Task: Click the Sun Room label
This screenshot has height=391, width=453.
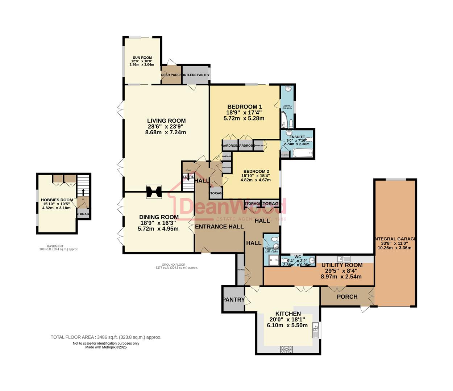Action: [142, 58]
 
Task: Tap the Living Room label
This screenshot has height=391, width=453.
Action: [166, 121]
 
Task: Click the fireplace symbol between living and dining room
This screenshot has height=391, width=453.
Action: [154, 192]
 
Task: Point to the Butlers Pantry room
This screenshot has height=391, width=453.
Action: [196, 75]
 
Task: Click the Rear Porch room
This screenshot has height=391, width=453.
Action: [171, 75]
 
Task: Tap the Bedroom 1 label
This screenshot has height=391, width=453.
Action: [244, 107]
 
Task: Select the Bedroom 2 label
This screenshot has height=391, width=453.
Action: [256, 172]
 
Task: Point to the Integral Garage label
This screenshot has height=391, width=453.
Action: [395, 239]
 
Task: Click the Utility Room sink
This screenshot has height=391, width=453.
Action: [343, 259]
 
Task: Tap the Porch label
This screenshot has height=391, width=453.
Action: [347, 297]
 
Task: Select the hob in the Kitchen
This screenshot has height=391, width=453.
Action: [286, 349]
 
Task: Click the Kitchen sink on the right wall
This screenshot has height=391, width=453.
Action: [316, 330]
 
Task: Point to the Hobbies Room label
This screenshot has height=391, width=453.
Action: [57, 200]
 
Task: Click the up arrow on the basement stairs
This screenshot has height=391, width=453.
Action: [83, 192]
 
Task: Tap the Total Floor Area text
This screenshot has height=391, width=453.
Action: [106, 337]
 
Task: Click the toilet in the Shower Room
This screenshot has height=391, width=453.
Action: [275, 239]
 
